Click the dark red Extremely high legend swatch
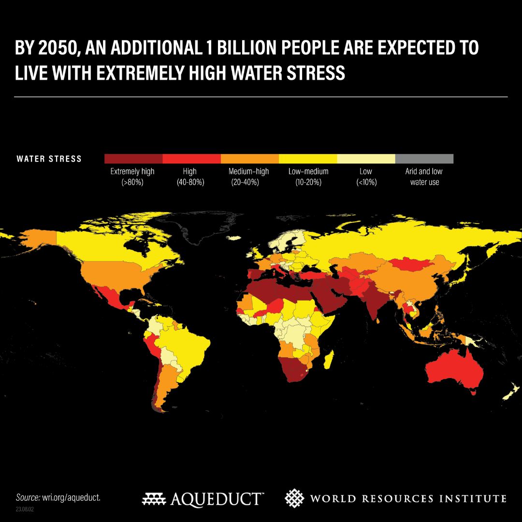click(133, 159)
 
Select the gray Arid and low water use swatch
click(424, 159)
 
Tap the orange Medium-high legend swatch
click(249, 159)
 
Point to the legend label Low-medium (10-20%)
click(308, 177)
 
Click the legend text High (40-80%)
click(190, 177)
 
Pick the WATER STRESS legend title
click(49, 159)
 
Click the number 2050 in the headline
click(62, 48)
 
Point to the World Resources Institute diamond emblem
click(294, 498)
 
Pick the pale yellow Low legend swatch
click(366, 159)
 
